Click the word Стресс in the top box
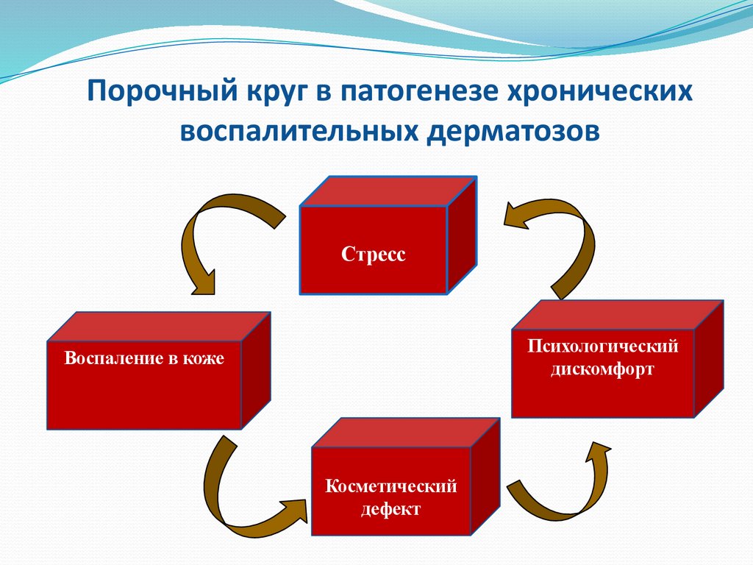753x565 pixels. coord(374,255)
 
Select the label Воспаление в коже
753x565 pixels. coord(144,360)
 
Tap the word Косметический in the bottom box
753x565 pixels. coord(392,486)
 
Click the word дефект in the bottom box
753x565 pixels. coord(390,509)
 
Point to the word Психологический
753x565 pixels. coord(602,346)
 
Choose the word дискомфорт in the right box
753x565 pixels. coord(602,369)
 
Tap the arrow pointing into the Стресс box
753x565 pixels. coord(559,235)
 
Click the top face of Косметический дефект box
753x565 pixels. coord(409,433)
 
